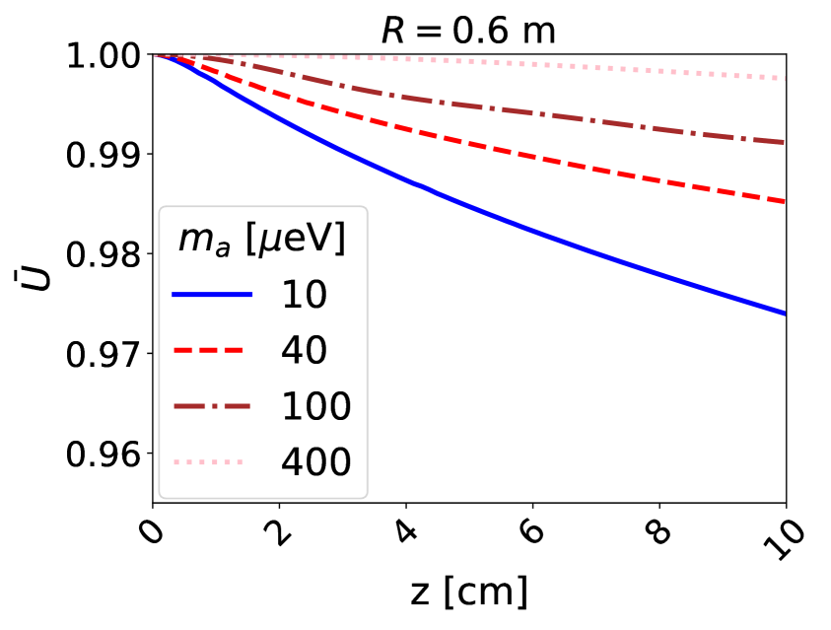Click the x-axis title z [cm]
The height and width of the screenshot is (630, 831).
click(x=469, y=593)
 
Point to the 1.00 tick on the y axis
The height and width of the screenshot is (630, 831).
click(x=106, y=55)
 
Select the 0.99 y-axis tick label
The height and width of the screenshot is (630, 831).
click(x=106, y=155)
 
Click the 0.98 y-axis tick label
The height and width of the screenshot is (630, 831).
click(x=106, y=254)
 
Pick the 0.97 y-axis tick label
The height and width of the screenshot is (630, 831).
click(x=106, y=354)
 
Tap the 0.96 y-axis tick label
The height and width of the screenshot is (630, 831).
click(x=106, y=454)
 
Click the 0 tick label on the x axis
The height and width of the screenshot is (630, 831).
click(x=151, y=533)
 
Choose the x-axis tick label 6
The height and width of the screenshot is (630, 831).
click(x=531, y=533)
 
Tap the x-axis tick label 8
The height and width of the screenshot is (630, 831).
click(x=658, y=533)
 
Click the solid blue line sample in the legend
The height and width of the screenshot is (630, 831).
click(x=212, y=295)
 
